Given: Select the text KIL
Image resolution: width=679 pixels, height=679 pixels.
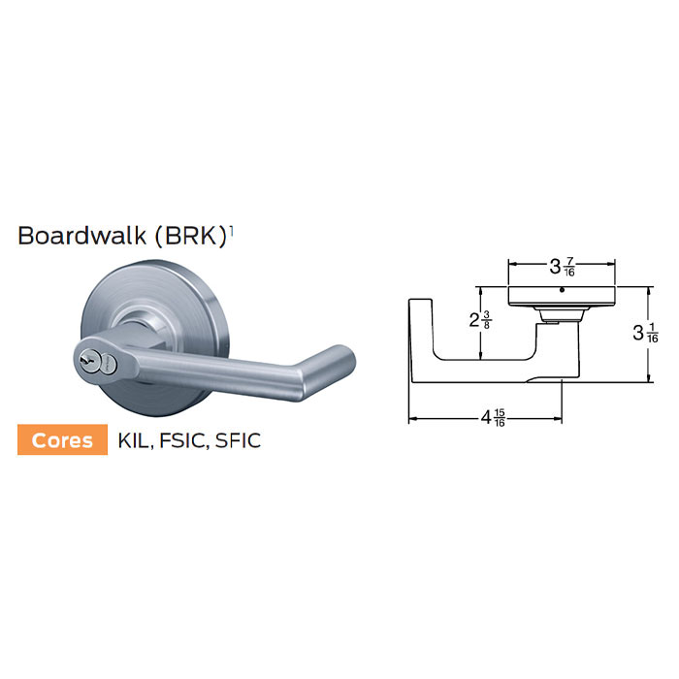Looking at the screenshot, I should click(x=135, y=440).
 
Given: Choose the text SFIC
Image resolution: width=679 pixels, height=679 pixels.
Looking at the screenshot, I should click(x=238, y=440).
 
